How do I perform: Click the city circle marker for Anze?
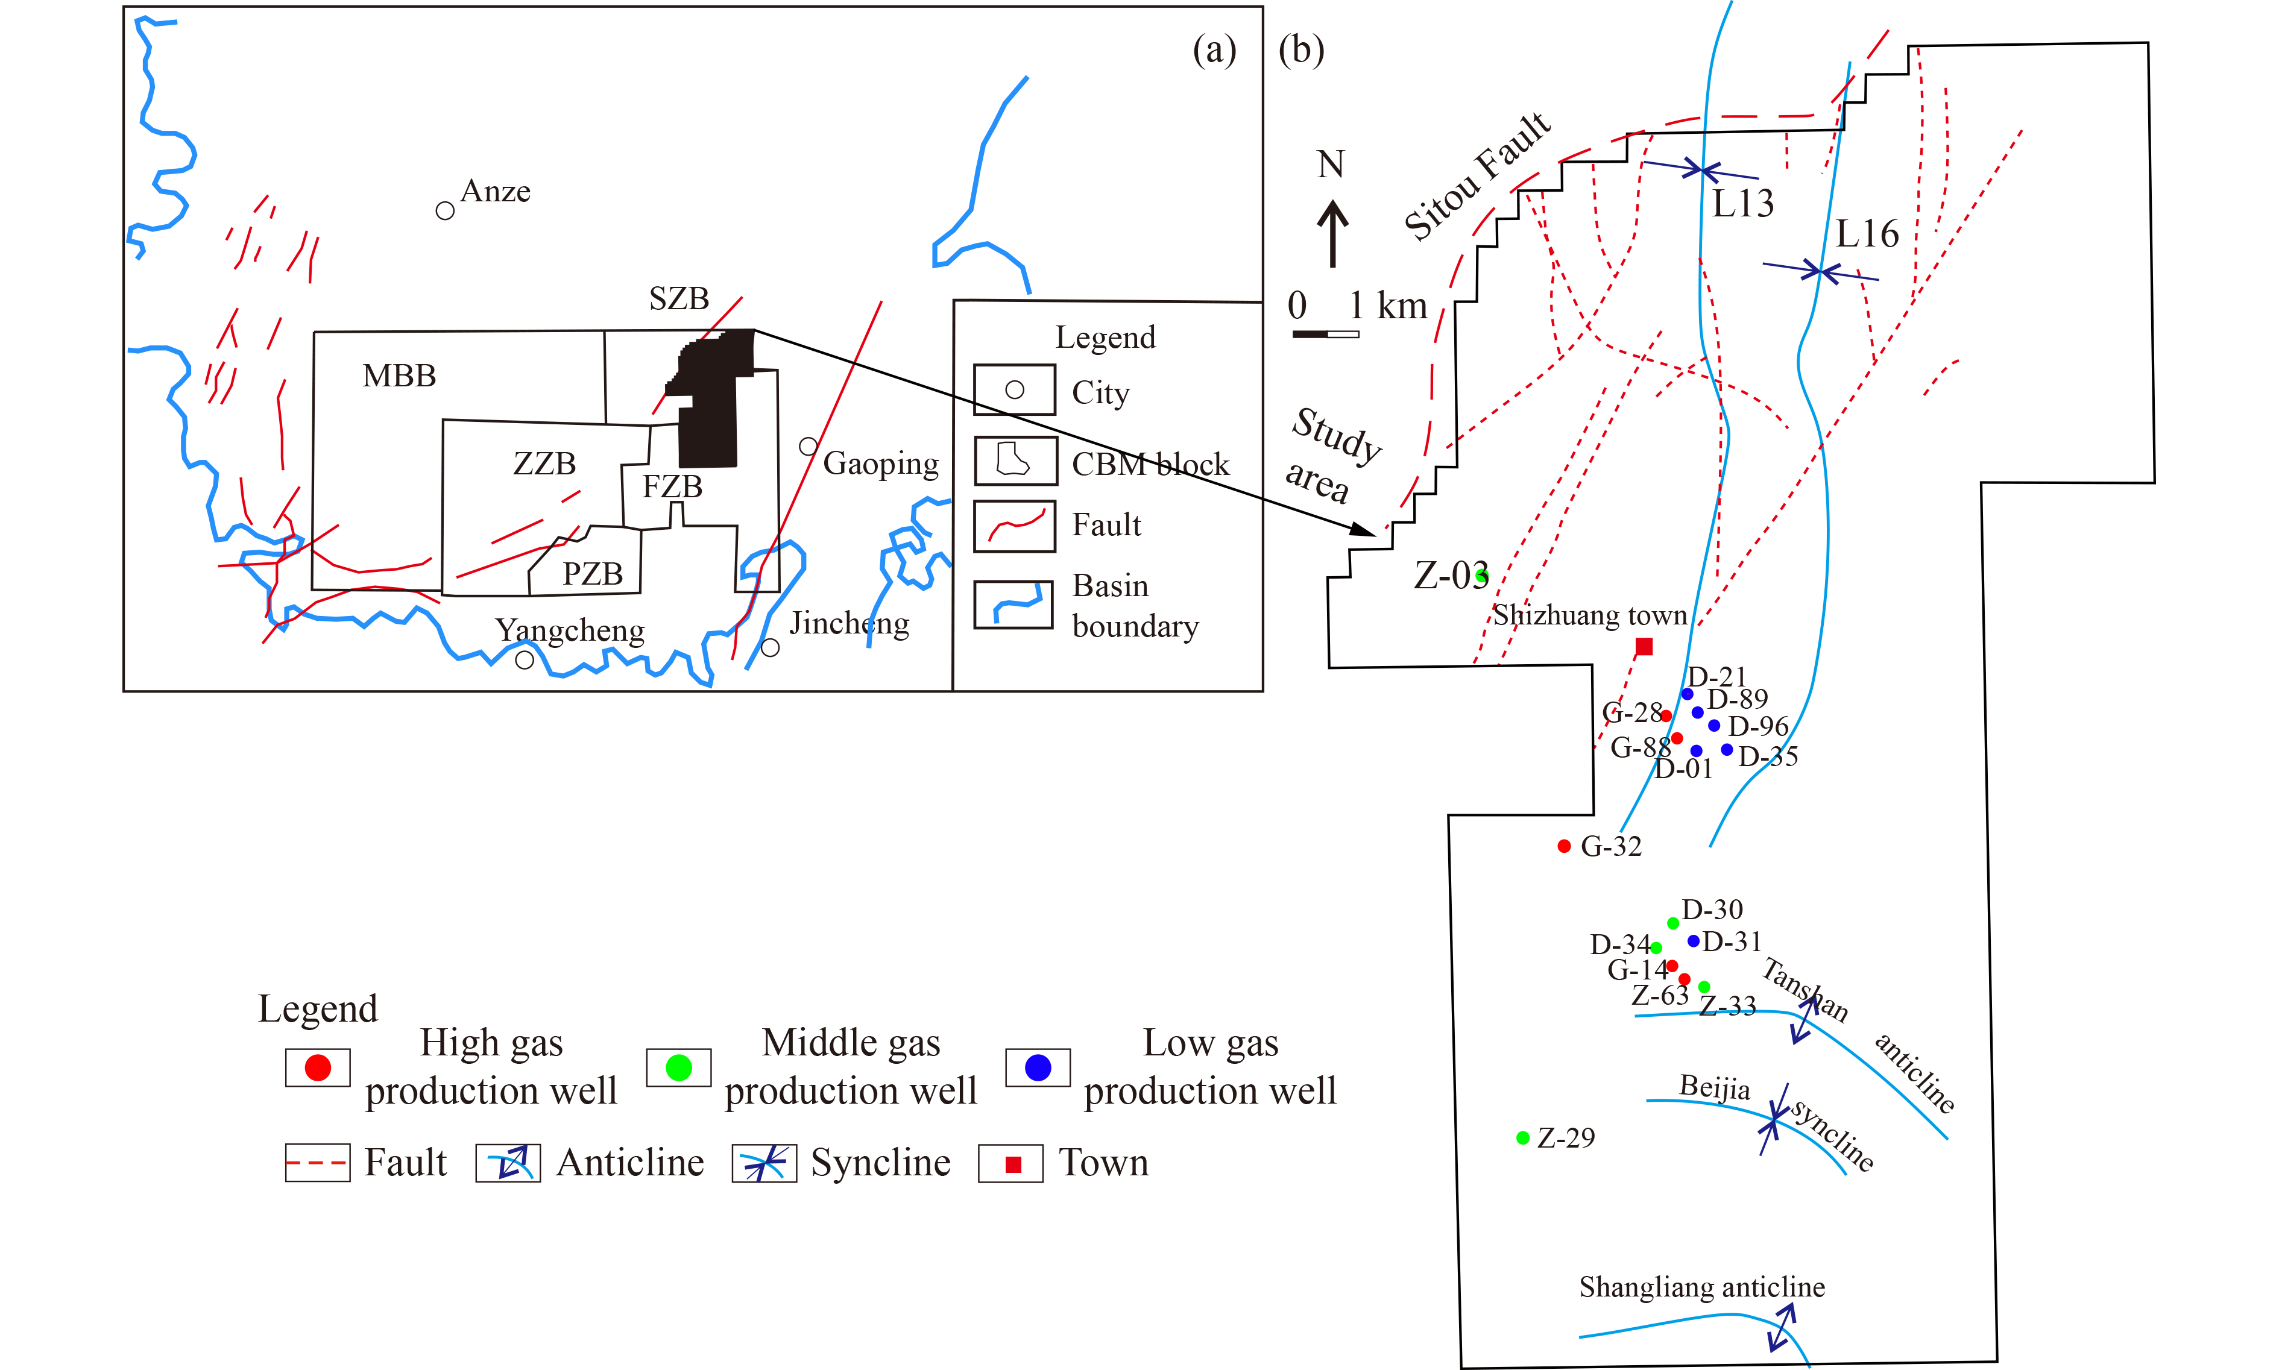445,210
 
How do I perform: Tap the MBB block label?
399,375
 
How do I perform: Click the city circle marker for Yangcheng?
525,660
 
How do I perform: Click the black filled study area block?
711,406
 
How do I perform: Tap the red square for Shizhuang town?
1644,646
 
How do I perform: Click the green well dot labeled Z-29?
1523,1137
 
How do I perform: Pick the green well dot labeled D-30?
1673,923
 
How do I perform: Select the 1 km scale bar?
1325,333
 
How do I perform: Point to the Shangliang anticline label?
1702,1286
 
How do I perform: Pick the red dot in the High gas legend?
318,1068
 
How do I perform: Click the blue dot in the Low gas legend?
1038,1068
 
